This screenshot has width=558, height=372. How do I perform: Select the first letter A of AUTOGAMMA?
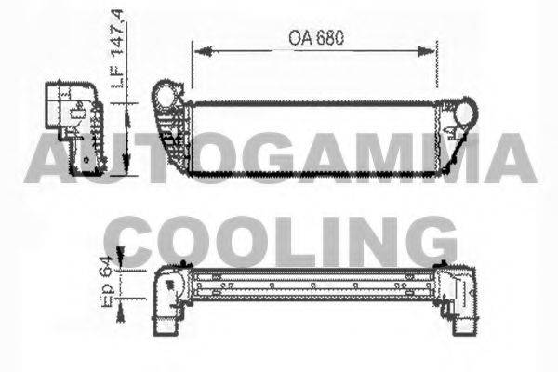[x=46, y=158]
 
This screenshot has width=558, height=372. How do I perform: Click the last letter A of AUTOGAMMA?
[x=510, y=158]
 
